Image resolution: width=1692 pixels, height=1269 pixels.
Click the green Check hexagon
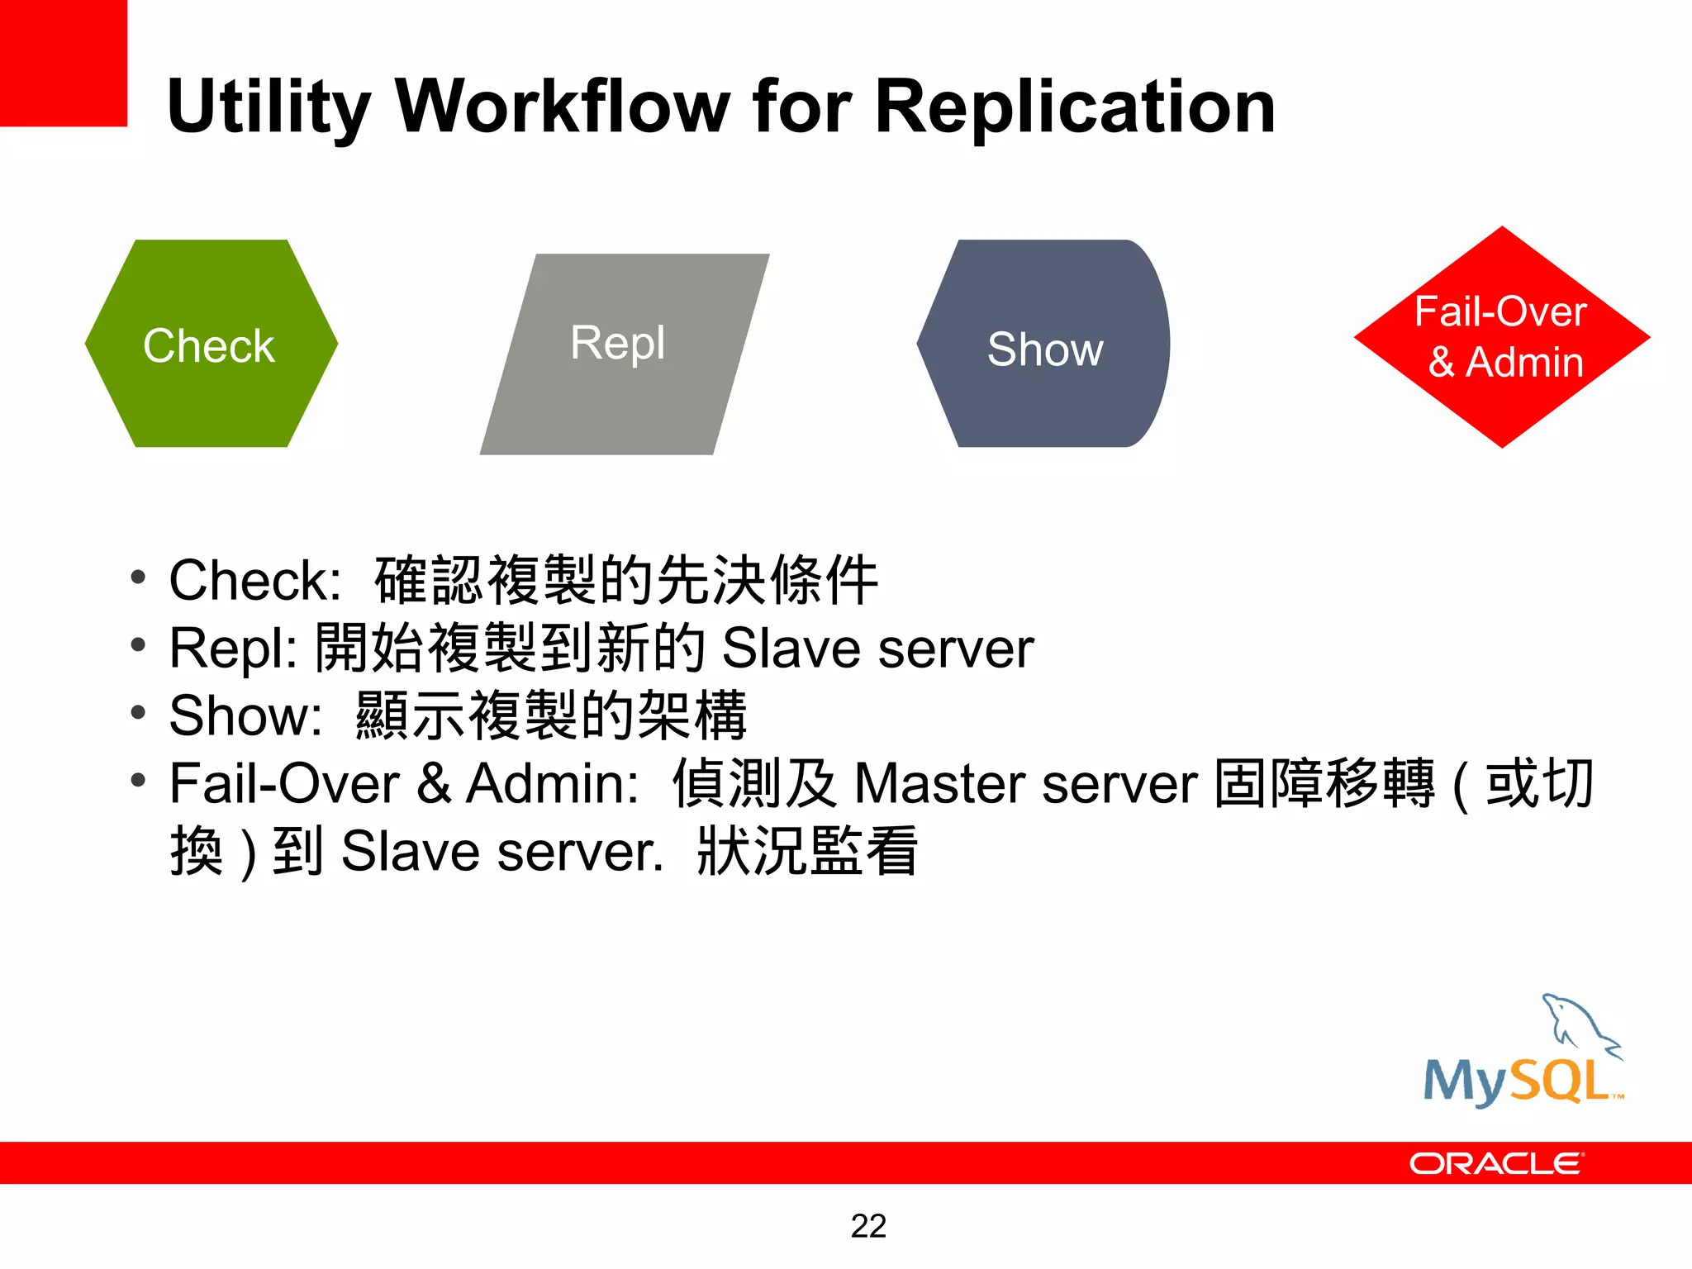click(x=211, y=344)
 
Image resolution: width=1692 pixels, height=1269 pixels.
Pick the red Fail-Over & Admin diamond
click(x=1501, y=337)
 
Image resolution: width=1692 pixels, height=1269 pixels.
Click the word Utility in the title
click(x=269, y=107)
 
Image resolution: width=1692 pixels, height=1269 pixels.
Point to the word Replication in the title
click(x=1074, y=107)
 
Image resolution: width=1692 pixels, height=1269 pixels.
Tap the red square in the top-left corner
click(x=63, y=63)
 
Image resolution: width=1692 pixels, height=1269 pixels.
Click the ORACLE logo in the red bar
click(x=1495, y=1163)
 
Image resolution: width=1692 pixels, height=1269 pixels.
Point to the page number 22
click(x=868, y=1226)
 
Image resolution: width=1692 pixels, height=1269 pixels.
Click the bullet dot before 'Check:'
click(x=138, y=577)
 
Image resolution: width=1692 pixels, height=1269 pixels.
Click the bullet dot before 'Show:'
click(x=138, y=712)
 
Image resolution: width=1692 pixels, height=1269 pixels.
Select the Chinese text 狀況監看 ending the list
click(x=806, y=851)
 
